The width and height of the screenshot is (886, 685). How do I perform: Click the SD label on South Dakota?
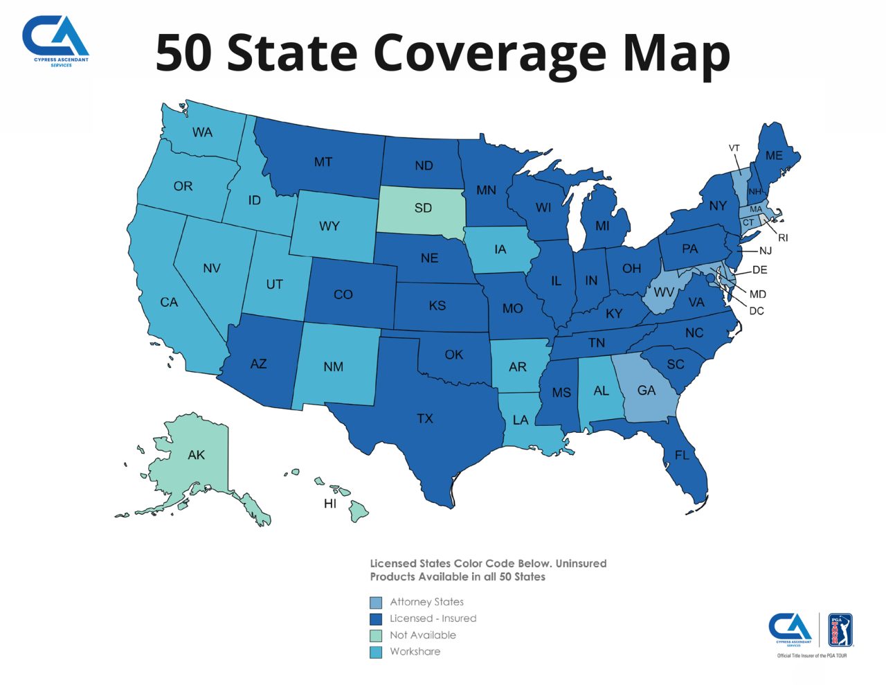pos(423,208)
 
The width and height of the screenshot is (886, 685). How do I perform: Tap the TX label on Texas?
pos(425,418)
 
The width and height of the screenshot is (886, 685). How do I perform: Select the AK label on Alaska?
pos(196,455)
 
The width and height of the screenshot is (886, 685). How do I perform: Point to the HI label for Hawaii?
pos(330,504)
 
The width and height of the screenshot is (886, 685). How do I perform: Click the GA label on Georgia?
pos(647,391)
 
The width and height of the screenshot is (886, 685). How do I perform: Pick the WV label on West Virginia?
pos(663,292)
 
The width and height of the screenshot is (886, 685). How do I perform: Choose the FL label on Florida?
pos(682,455)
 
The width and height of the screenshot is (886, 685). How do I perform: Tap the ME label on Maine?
pos(774,156)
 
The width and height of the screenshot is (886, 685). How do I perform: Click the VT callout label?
pos(734,148)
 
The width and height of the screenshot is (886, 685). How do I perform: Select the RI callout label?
pos(783,238)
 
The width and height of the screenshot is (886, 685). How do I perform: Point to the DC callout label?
pos(757,311)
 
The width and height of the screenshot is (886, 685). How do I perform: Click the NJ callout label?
pos(765,251)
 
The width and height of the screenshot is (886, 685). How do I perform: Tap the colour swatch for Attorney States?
pos(376,603)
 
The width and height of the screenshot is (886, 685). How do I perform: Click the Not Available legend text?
pos(423,635)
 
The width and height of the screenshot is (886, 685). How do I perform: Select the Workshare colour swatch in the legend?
pos(376,652)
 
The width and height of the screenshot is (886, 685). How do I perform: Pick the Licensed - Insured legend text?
pos(433,619)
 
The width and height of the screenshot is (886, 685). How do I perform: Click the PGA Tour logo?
pos(840,630)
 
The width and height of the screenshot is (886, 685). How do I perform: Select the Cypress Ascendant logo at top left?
pos(55,40)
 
